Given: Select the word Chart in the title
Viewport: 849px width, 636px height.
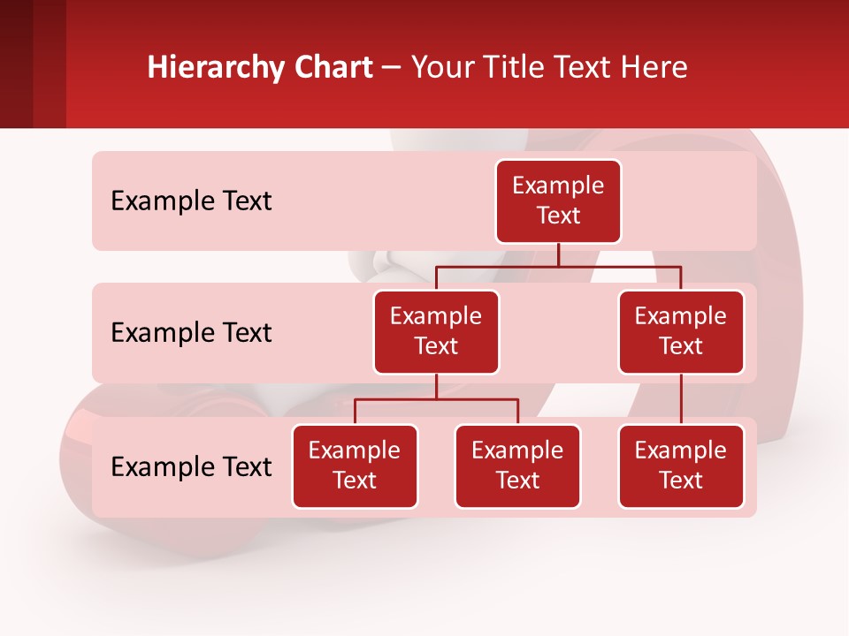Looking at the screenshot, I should tap(329, 67).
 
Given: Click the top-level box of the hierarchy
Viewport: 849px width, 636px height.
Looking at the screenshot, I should tap(558, 201).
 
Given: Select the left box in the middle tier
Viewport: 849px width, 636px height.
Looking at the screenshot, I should tap(436, 332).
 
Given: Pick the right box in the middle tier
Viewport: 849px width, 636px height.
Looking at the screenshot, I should tap(681, 332).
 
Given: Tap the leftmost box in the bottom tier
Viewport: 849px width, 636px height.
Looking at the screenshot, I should tap(355, 466).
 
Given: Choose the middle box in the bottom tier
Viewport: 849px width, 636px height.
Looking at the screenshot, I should tap(517, 466).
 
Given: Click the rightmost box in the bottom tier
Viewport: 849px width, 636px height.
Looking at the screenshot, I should tap(681, 466).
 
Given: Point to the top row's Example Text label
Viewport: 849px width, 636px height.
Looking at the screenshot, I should tap(191, 201).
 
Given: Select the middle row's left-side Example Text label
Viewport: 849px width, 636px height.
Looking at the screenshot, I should tap(191, 333).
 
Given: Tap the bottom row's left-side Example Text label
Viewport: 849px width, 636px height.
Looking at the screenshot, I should tap(191, 467).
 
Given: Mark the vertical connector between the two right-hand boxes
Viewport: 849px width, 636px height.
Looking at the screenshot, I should tap(681, 399).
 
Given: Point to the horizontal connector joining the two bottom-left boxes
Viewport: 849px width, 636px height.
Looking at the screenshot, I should tap(436, 399).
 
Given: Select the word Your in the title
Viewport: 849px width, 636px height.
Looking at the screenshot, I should tap(440, 67).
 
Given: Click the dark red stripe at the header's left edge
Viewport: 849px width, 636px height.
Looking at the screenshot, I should tap(17, 64).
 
